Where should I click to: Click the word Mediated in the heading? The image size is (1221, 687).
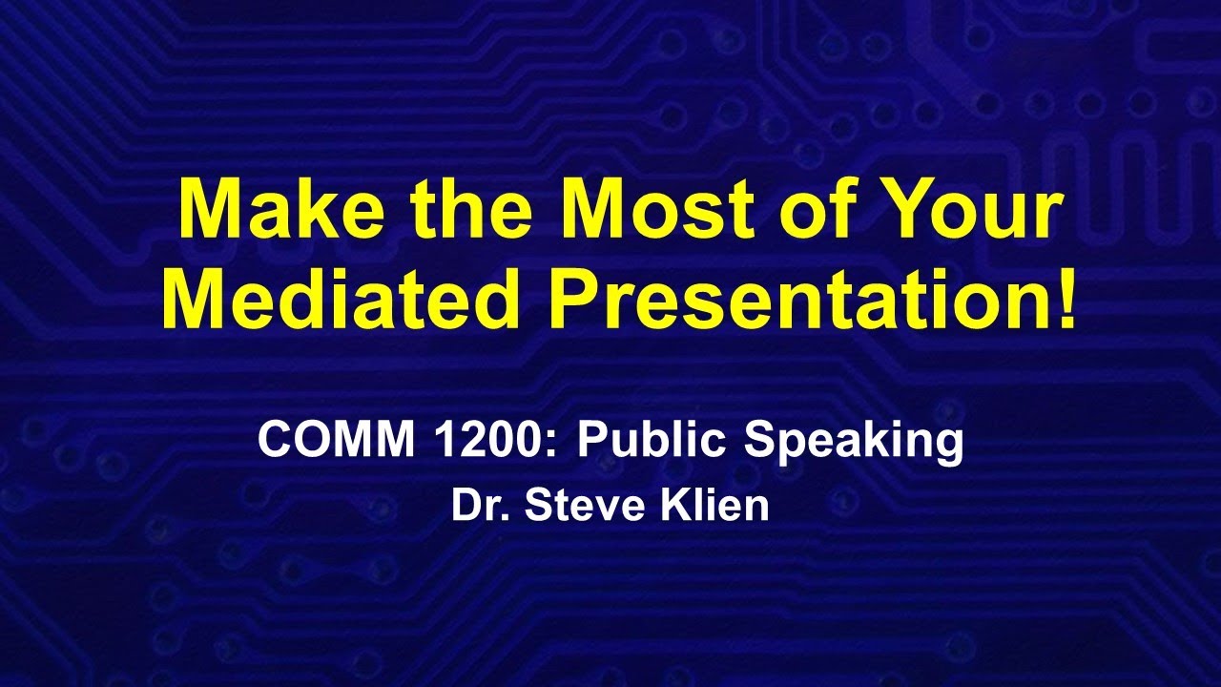[341, 298]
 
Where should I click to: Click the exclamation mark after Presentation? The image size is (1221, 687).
[1066, 298]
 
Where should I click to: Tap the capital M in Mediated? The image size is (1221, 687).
[194, 298]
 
